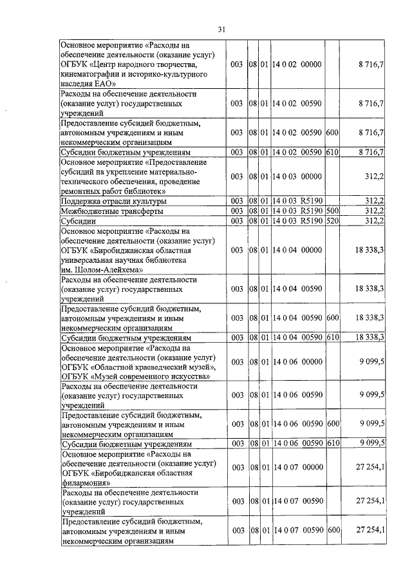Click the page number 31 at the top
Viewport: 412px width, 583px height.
[x=221, y=29]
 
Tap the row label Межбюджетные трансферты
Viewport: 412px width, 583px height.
[x=113, y=211]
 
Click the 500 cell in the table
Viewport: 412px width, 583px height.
[x=332, y=211]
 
